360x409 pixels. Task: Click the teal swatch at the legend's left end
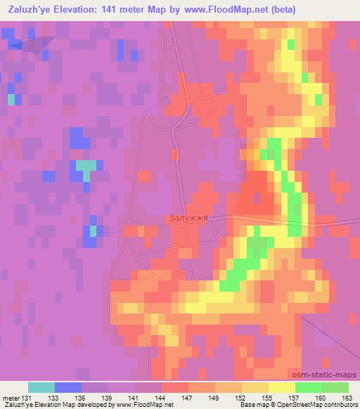(x=41, y=387)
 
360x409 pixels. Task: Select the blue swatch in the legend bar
(x=68, y=387)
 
